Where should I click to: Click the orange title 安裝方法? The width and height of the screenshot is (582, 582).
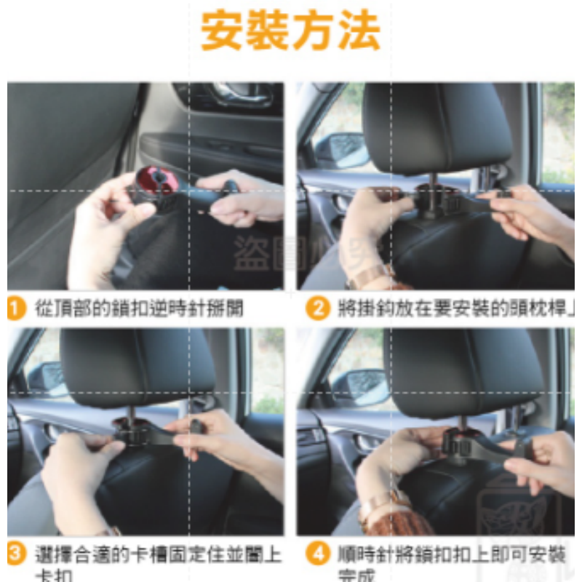[x=290, y=31]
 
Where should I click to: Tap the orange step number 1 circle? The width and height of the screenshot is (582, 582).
[x=16, y=308]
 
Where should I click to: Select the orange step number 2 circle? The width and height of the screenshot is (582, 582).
[x=316, y=308]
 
